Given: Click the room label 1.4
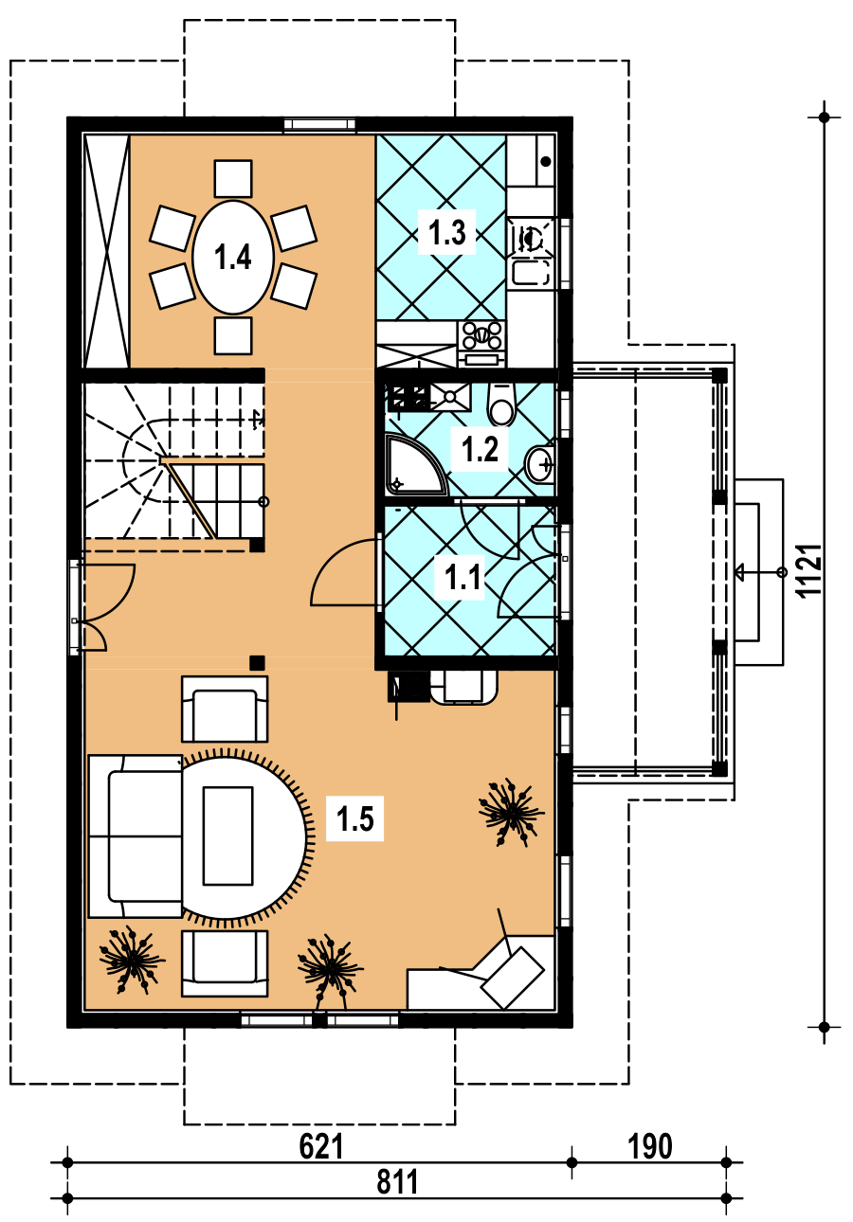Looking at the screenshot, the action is coord(232,257).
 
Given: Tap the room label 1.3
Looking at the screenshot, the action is coord(447,232).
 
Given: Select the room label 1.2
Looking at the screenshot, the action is coord(480,450).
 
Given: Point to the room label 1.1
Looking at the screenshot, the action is coord(463,577).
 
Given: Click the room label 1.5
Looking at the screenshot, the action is coord(354,818).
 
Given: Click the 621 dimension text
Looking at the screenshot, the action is coord(321,1146).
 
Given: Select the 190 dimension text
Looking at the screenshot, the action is coord(650,1146).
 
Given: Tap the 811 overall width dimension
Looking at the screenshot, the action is coord(397,1181).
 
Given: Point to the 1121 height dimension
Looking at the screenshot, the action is coord(809,571).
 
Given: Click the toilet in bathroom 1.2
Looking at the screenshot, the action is coord(502,404).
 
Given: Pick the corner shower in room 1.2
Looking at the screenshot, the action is coord(414,464).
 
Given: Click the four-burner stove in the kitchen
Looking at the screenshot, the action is coord(481,335).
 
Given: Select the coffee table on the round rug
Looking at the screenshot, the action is coord(228,836).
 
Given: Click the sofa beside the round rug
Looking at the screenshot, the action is coord(135,836).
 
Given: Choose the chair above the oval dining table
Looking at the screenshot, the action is coord(233,178).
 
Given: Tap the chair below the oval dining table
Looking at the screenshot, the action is coord(233,335).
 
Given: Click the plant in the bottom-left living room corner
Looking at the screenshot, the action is coord(132,960).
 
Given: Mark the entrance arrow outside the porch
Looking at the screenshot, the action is coord(761,572).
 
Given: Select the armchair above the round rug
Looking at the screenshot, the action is coord(225,710).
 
